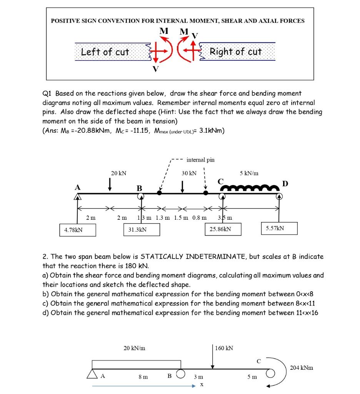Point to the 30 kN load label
pos(189,173)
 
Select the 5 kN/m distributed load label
pos(249,173)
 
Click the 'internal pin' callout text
pos(200,159)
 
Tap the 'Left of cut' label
pos(105,52)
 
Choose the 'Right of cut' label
pos(235,52)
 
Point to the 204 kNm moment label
pos(302,367)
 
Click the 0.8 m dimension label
pos(199,218)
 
